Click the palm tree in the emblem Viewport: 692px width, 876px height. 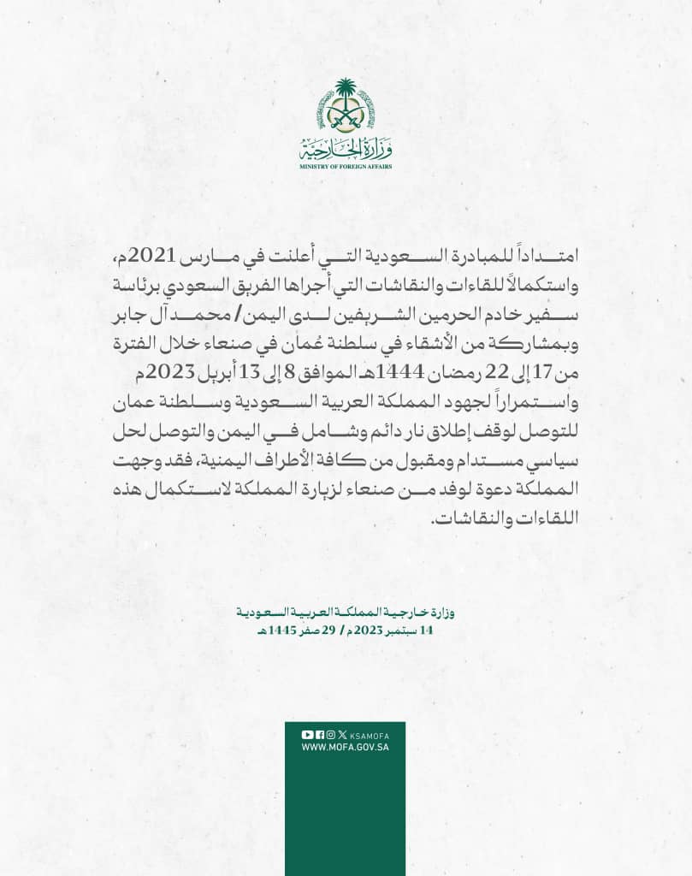tap(346, 92)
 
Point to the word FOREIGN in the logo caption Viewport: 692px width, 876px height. tap(352, 167)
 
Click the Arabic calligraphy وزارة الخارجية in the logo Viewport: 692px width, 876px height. tap(346, 150)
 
